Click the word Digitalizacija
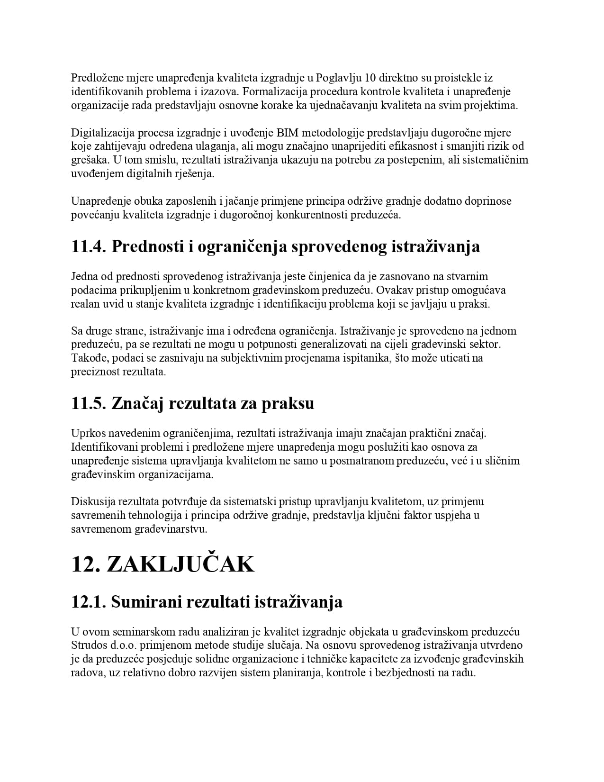point(102,132)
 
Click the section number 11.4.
point(88,246)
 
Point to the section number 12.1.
point(88,602)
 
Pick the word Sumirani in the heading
point(146,602)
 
